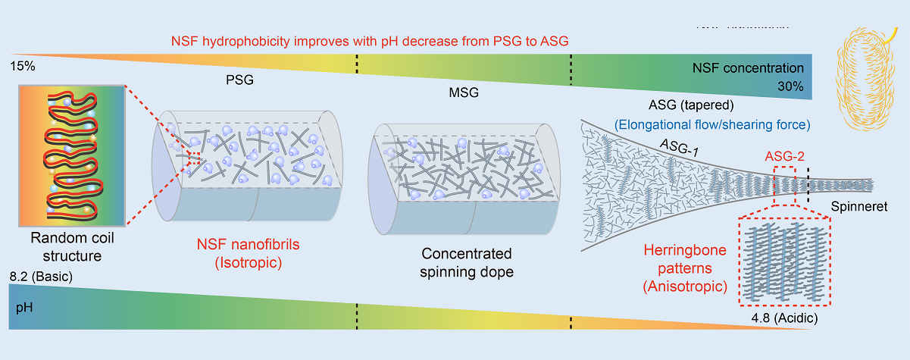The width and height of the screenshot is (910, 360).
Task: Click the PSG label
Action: click(x=242, y=79)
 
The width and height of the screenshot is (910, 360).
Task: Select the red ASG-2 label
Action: click(x=783, y=156)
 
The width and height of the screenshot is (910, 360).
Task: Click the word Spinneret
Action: click(x=858, y=205)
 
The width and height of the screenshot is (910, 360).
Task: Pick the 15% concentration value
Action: click(x=22, y=67)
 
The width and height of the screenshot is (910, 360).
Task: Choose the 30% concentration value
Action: click(x=790, y=86)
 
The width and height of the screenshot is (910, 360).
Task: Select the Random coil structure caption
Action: click(x=67, y=247)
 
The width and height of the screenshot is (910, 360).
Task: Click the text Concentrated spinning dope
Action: click(x=467, y=262)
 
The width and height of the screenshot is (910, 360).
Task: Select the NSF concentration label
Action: click(x=748, y=67)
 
